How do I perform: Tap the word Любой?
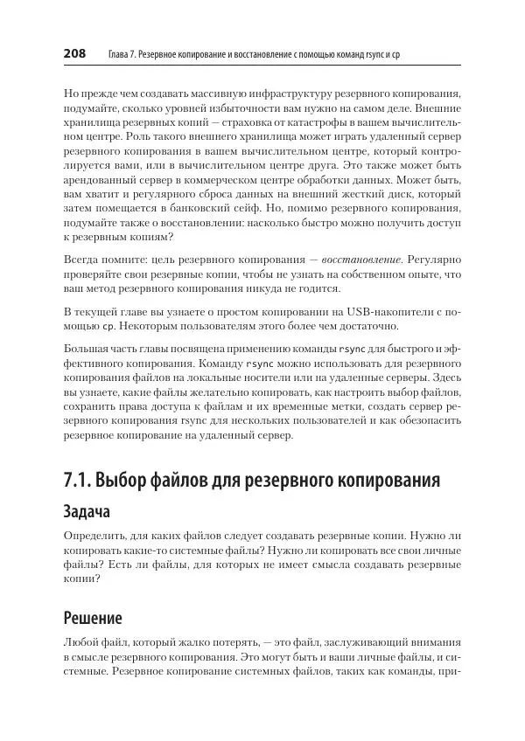pos(82,642)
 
